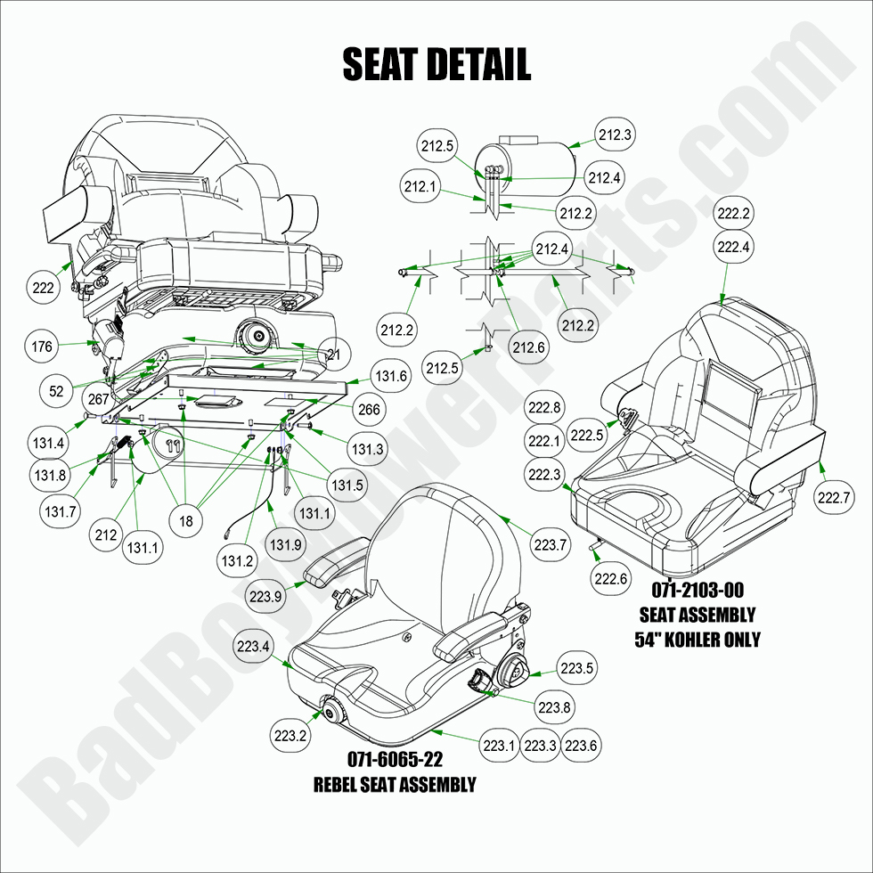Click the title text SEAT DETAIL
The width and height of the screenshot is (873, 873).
point(436,64)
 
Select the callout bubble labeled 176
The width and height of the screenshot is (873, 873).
point(42,347)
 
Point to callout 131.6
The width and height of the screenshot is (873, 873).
point(390,377)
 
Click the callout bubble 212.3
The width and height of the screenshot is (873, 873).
point(616,135)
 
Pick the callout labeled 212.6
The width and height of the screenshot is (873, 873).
point(528,347)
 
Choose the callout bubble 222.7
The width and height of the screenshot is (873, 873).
point(834,497)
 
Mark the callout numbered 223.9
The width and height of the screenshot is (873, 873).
point(267,596)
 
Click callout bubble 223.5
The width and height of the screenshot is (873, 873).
point(576,666)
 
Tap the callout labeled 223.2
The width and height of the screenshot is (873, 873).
point(290,735)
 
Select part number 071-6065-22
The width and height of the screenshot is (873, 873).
point(395,760)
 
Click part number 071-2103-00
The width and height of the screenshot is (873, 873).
point(697,590)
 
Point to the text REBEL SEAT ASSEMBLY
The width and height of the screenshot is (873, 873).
point(395,785)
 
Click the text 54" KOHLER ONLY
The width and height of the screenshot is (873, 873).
point(697,640)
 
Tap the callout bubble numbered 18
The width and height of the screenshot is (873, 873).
point(185,521)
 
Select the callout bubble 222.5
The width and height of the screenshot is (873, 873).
point(587,436)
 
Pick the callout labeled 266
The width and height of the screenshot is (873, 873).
point(368,410)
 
